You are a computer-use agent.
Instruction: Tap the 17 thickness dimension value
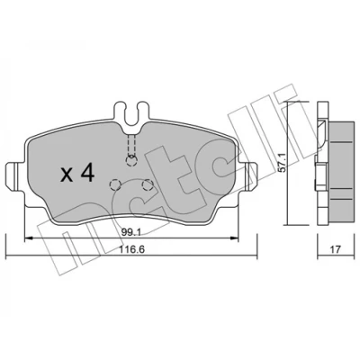pos(336,249)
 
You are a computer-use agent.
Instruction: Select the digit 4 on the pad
pos(87,174)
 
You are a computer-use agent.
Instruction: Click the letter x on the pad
pos(67,175)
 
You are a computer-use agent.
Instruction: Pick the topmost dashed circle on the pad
pos(131,161)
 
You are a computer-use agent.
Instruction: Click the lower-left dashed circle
pos(114,184)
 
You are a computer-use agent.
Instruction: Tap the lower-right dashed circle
pos(148,185)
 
